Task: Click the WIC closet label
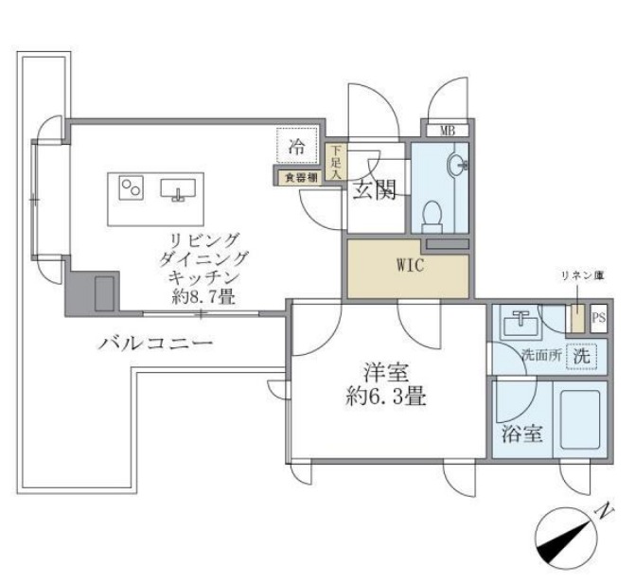click(409, 265)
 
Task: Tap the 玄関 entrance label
click(376, 192)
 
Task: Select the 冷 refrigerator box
click(296, 148)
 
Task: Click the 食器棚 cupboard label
click(296, 177)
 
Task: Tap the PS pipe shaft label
click(598, 319)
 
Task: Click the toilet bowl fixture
click(432, 216)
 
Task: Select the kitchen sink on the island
click(177, 189)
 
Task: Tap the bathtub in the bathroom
click(578, 416)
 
